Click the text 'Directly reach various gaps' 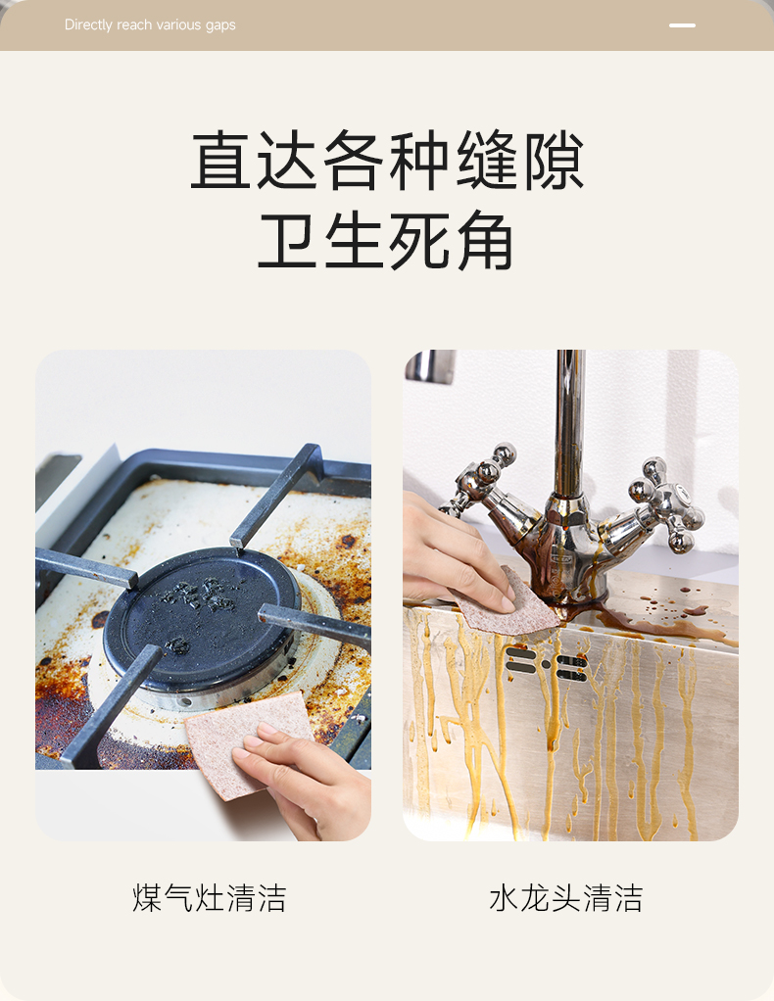pos(150,24)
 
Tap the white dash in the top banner pos(682,25)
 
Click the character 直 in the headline pos(220,160)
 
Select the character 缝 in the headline pos(487,160)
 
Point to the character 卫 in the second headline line pos(287,241)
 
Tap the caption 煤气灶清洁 pos(210,897)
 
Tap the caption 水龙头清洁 pos(566,897)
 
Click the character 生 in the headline pos(353,241)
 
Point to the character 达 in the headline pos(287,160)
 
